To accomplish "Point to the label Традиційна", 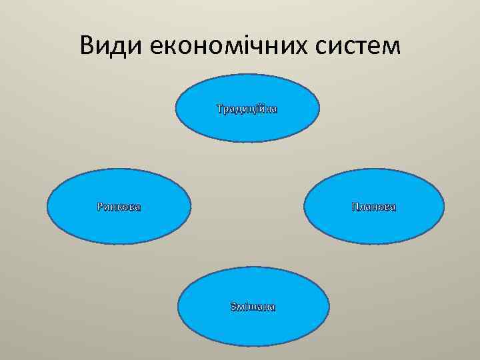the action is [x=247, y=108].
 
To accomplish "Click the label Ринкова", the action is [x=119, y=207].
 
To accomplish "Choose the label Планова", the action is [x=374, y=207].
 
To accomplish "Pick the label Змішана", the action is [x=253, y=307].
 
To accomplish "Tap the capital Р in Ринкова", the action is [x=100, y=207].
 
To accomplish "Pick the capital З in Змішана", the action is [x=233, y=307].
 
